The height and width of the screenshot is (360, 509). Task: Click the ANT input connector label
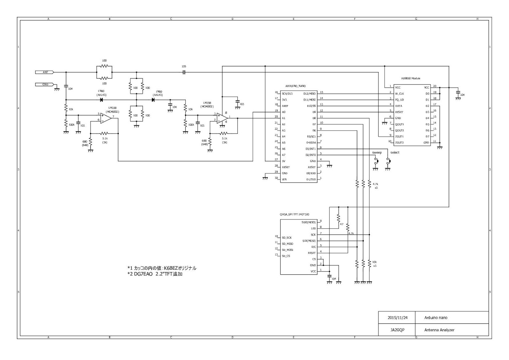click(45, 72)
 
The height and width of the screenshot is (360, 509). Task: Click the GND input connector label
click(45, 84)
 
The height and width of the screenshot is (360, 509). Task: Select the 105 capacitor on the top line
click(184, 72)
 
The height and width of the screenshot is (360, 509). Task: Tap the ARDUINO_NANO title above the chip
click(295, 86)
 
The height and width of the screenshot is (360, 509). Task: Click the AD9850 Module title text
click(411, 78)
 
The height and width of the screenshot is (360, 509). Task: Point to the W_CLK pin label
click(399, 94)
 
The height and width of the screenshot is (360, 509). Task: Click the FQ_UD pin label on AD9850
click(399, 100)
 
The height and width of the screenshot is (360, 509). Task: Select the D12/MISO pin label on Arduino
click(310, 94)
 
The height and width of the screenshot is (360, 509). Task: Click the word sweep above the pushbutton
click(377, 152)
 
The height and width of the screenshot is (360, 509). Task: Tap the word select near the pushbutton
click(395, 152)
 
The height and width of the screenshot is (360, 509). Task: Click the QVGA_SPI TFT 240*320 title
click(294, 214)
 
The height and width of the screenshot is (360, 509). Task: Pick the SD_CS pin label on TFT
click(286, 256)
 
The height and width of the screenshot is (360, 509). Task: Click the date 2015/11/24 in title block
click(397, 318)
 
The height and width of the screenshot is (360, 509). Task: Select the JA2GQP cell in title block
click(397, 330)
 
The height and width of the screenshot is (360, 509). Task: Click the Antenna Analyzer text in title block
click(439, 330)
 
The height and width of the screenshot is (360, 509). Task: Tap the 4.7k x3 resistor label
click(375, 186)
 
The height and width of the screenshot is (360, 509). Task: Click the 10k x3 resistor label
click(375, 264)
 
